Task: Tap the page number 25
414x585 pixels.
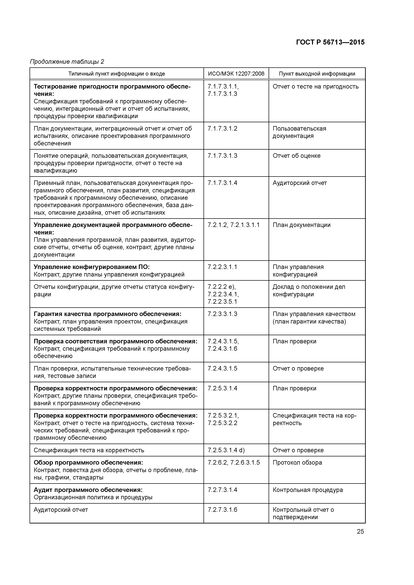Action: (360, 531)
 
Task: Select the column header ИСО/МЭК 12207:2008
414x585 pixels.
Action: (236, 74)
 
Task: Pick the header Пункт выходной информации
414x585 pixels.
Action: (317, 74)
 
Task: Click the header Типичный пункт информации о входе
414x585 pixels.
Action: (117, 74)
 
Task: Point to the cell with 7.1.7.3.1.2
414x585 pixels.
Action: (222, 129)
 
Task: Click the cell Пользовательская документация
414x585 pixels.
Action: (299, 132)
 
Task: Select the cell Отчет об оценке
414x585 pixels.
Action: (296, 156)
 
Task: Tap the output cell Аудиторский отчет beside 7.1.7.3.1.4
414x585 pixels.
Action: (299, 183)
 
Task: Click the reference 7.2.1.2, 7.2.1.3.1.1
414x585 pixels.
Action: (233, 225)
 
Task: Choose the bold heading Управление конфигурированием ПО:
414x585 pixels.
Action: (92, 267)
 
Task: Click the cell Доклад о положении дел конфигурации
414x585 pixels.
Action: (309, 290)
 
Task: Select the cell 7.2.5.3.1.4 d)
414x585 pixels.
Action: (226, 450)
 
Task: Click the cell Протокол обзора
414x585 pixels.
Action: (297, 462)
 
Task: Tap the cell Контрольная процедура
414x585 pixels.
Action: (308, 490)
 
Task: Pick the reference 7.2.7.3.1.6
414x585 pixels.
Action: (222, 510)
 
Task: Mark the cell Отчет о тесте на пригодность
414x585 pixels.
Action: (316, 87)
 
